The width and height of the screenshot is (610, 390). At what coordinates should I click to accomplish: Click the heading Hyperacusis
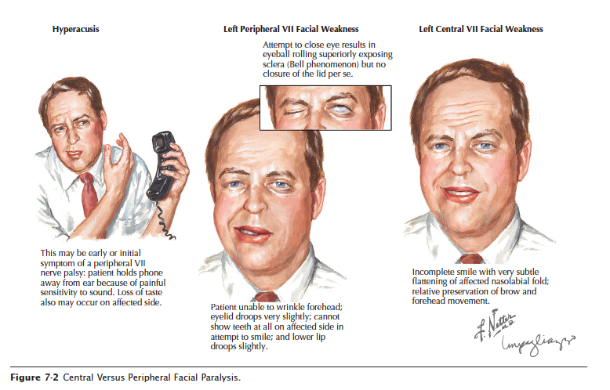point(75,30)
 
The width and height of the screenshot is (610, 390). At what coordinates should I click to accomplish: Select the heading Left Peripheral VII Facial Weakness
point(291,30)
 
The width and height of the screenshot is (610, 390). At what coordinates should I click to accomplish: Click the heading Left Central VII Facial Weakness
point(481,30)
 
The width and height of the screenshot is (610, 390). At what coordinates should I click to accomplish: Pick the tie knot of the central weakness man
point(470,258)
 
